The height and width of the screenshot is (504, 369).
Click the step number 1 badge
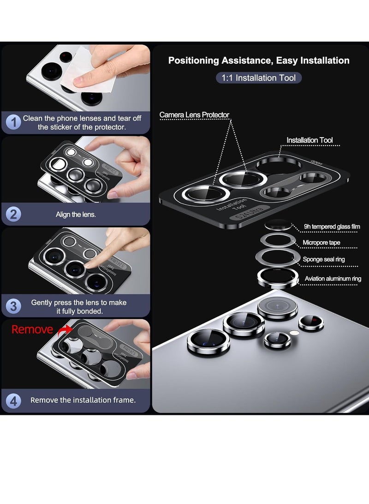[x=14, y=123]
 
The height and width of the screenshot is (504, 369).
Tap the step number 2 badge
[x=14, y=214]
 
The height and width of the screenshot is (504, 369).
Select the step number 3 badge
[x=14, y=306]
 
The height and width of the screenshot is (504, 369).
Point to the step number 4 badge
[x=14, y=401]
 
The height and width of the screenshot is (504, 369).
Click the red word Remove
[x=32, y=329]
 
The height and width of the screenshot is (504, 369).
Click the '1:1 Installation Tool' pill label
[x=259, y=78]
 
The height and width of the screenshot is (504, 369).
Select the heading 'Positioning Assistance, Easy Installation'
[x=259, y=61]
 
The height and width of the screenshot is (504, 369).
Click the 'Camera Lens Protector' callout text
[x=194, y=115]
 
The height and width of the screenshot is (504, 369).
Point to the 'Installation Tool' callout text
[x=309, y=140]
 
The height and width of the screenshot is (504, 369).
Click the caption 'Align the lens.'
[x=76, y=214]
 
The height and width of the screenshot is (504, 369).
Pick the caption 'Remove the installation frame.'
[x=83, y=400]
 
